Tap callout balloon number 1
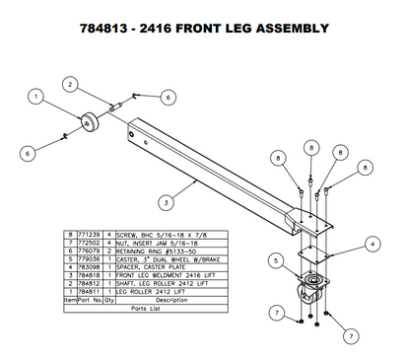click(x=35, y=97)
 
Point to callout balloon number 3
click(x=167, y=203)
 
